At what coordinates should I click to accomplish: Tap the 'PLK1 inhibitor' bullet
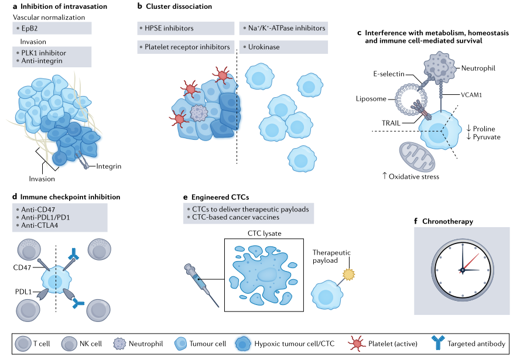coord(44,52)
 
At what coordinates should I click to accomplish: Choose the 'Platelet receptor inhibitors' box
coord(184,46)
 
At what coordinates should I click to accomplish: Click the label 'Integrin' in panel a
coord(108,166)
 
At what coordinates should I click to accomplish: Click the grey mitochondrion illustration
coord(417,157)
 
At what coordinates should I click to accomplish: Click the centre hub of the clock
coord(462,269)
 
